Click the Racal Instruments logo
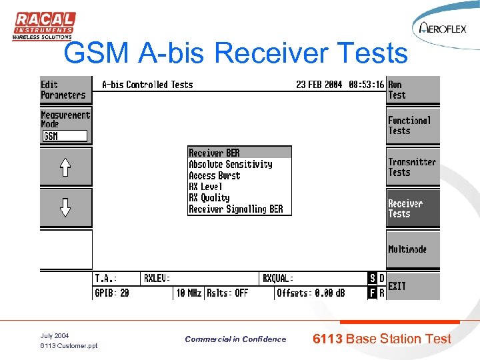point(43,26)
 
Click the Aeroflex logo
point(443,28)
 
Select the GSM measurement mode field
point(65,136)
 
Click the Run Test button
point(413,90)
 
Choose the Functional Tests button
point(413,126)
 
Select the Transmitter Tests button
point(413,167)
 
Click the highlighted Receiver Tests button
point(413,209)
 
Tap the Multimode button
point(413,249)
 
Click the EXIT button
point(413,286)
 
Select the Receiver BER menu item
point(214,153)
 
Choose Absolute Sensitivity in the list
point(230,164)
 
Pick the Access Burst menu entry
point(214,175)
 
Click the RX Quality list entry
point(209,198)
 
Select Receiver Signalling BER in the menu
point(235,209)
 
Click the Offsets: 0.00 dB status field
point(311,293)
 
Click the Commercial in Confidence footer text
point(235,339)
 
